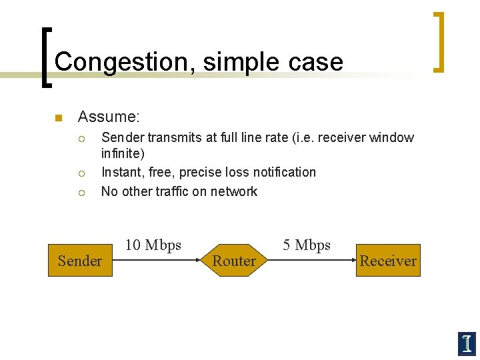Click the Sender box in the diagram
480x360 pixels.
80,261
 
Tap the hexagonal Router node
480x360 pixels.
234,261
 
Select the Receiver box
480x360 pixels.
388,261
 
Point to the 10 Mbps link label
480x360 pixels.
153,245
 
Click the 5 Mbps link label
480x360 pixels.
307,245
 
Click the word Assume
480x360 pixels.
108,117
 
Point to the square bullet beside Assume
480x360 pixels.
57,119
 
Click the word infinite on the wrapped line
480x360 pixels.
123,153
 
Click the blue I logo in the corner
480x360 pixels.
467,343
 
